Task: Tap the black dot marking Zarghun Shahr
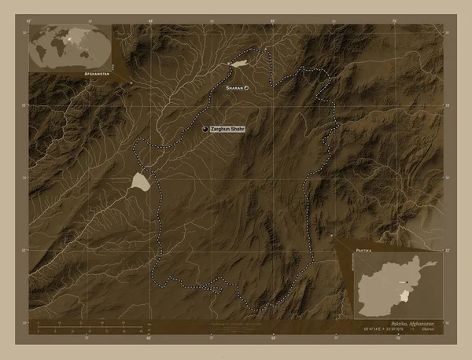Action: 205,128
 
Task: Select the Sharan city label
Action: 234,89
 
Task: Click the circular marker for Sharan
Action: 246,89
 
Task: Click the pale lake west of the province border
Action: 139,182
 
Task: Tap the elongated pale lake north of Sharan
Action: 239,61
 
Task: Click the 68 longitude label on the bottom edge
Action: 149,339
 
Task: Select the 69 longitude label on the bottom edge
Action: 273,339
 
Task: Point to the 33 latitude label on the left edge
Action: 25,105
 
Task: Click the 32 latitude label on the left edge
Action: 25,251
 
